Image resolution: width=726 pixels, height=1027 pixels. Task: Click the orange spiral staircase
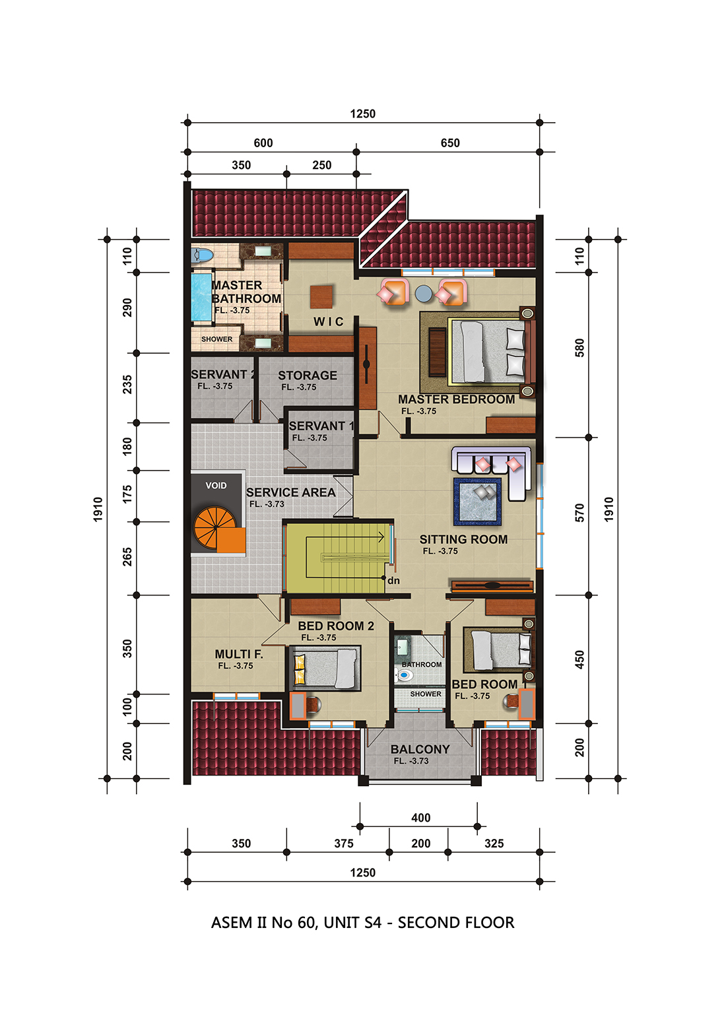click(x=215, y=528)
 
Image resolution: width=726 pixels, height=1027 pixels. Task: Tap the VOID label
click(x=216, y=486)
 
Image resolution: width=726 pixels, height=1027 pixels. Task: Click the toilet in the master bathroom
click(x=203, y=255)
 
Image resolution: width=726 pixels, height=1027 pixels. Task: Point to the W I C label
click(x=328, y=322)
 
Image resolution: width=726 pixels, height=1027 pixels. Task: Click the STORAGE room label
click(x=308, y=376)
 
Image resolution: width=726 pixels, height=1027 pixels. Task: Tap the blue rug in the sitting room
click(x=477, y=502)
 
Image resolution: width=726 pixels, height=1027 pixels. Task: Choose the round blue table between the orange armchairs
click(x=424, y=294)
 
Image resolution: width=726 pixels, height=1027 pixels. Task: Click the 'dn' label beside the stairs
click(x=394, y=581)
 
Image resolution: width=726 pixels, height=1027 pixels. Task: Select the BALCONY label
click(x=420, y=749)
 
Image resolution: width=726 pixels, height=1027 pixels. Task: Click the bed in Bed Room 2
click(x=323, y=667)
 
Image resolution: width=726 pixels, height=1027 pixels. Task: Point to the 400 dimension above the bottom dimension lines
click(x=421, y=818)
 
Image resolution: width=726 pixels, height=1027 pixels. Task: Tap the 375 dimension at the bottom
click(x=344, y=843)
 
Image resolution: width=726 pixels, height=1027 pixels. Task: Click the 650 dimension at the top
click(x=450, y=143)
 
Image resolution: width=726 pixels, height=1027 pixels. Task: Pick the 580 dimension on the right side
click(x=579, y=348)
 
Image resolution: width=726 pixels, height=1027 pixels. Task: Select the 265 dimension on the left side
click(x=127, y=556)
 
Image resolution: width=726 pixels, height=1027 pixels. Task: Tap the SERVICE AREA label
click(x=290, y=492)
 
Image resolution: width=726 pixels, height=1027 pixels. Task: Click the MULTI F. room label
click(x=239, y=654)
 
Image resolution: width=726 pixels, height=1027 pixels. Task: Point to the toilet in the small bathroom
click(x=404, y=675)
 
